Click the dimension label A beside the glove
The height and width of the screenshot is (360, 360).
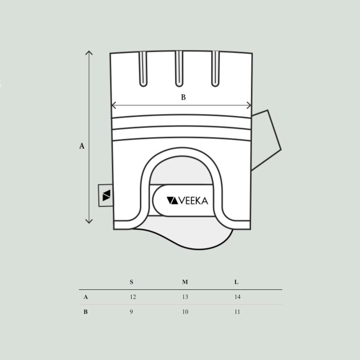pyautogui.click(x=82, y=146)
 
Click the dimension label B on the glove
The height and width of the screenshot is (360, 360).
pyautogui.click(x=183, y=97)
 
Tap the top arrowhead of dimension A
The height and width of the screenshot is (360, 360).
pyautogui.click(x=89, y=53)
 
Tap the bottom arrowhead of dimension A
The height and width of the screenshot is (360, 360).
pyautogui.click(x=89, y=221)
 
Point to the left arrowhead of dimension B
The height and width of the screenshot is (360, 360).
pyautogui.click(x=113, y=105)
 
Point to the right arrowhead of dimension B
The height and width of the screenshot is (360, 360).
pyautogui.click(x=249, y=105)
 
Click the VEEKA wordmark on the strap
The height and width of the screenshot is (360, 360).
pyautogui.click(x=187, y=201)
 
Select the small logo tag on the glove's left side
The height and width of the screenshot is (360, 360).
pyautogui.click(x=105, y=195)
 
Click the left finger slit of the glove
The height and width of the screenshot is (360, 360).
pyautogui.click(x=143, y=69)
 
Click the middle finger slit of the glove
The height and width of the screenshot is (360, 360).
pyautogui.click(x=179, y=69)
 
